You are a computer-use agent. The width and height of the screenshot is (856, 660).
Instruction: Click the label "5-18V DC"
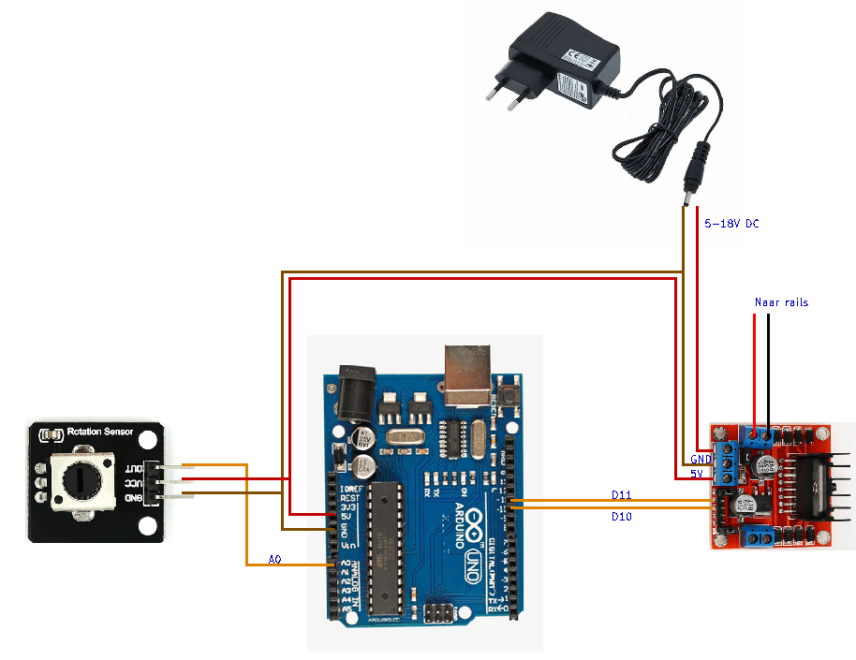click(x=731, y=225)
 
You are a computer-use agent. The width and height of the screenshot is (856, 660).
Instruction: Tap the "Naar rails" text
click(x=781, y=302)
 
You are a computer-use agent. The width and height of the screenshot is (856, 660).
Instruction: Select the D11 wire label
click(x=622, y=494)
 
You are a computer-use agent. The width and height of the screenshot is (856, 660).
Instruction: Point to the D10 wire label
click(x=622, y=516)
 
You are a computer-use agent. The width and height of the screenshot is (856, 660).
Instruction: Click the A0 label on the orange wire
click(x=274, y=559)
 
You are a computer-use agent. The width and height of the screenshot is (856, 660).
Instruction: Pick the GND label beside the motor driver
click(x=701, y=460)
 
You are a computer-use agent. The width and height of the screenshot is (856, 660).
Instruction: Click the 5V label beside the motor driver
click(x=697, y=475)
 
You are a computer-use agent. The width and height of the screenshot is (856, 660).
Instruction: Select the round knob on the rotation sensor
click(x=78, y=479)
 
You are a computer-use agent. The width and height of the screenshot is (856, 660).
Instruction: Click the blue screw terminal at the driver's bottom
click(x=758, y=537)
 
